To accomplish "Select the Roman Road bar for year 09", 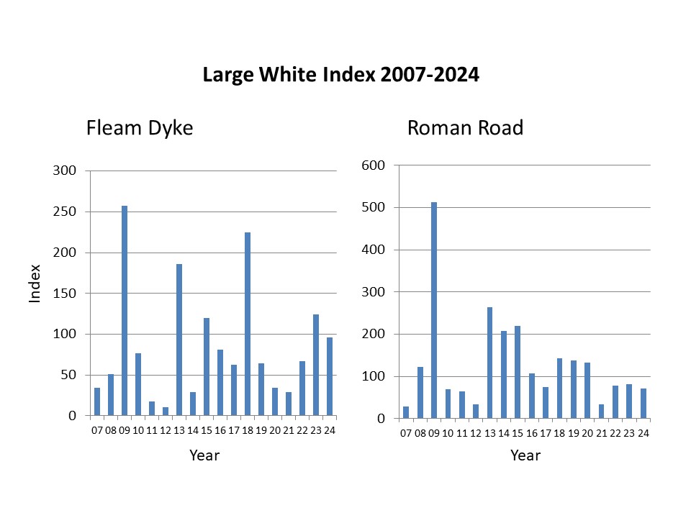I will click(434, 310).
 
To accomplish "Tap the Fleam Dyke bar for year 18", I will click(248, 324).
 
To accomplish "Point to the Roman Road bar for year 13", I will click(489, 363).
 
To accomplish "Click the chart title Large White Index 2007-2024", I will click(340, 75).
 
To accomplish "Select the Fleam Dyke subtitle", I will click(140, 129).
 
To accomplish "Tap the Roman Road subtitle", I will click(465, 129).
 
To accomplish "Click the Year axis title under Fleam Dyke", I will click(204, 455).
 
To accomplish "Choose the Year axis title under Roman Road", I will click(525, 455).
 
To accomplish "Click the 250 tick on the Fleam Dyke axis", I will click(67, 212).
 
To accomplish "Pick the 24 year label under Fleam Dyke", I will click(330, 431).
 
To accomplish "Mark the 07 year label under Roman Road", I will click(406, 434).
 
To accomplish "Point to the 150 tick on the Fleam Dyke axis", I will click(67, 294).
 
